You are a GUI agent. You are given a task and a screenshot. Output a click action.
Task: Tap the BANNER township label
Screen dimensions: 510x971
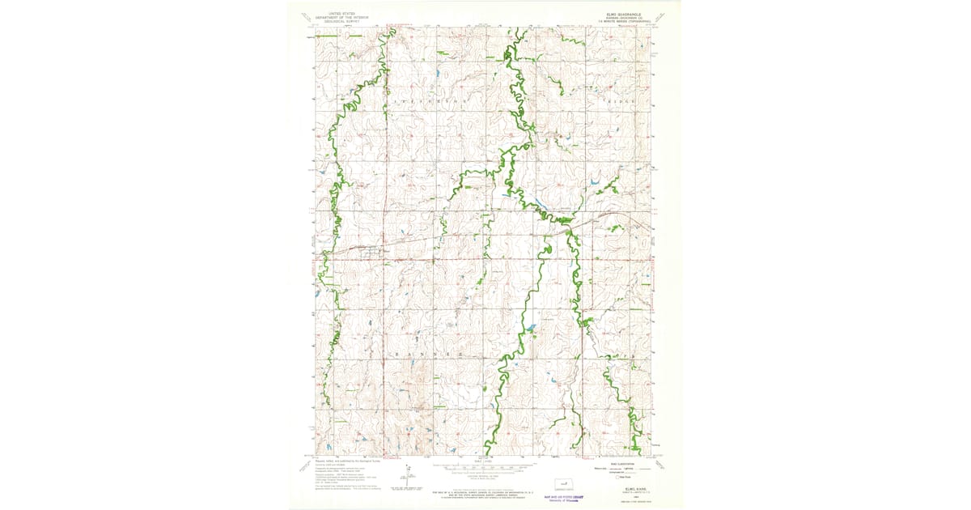pyautogui.click(x=429, y=355)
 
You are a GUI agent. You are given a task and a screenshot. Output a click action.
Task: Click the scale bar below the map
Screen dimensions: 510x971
pyautogui.click(x=485, y=467)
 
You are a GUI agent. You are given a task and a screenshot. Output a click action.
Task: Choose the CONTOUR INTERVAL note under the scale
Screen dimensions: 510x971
pyautogui.click(x=485, y=475)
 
